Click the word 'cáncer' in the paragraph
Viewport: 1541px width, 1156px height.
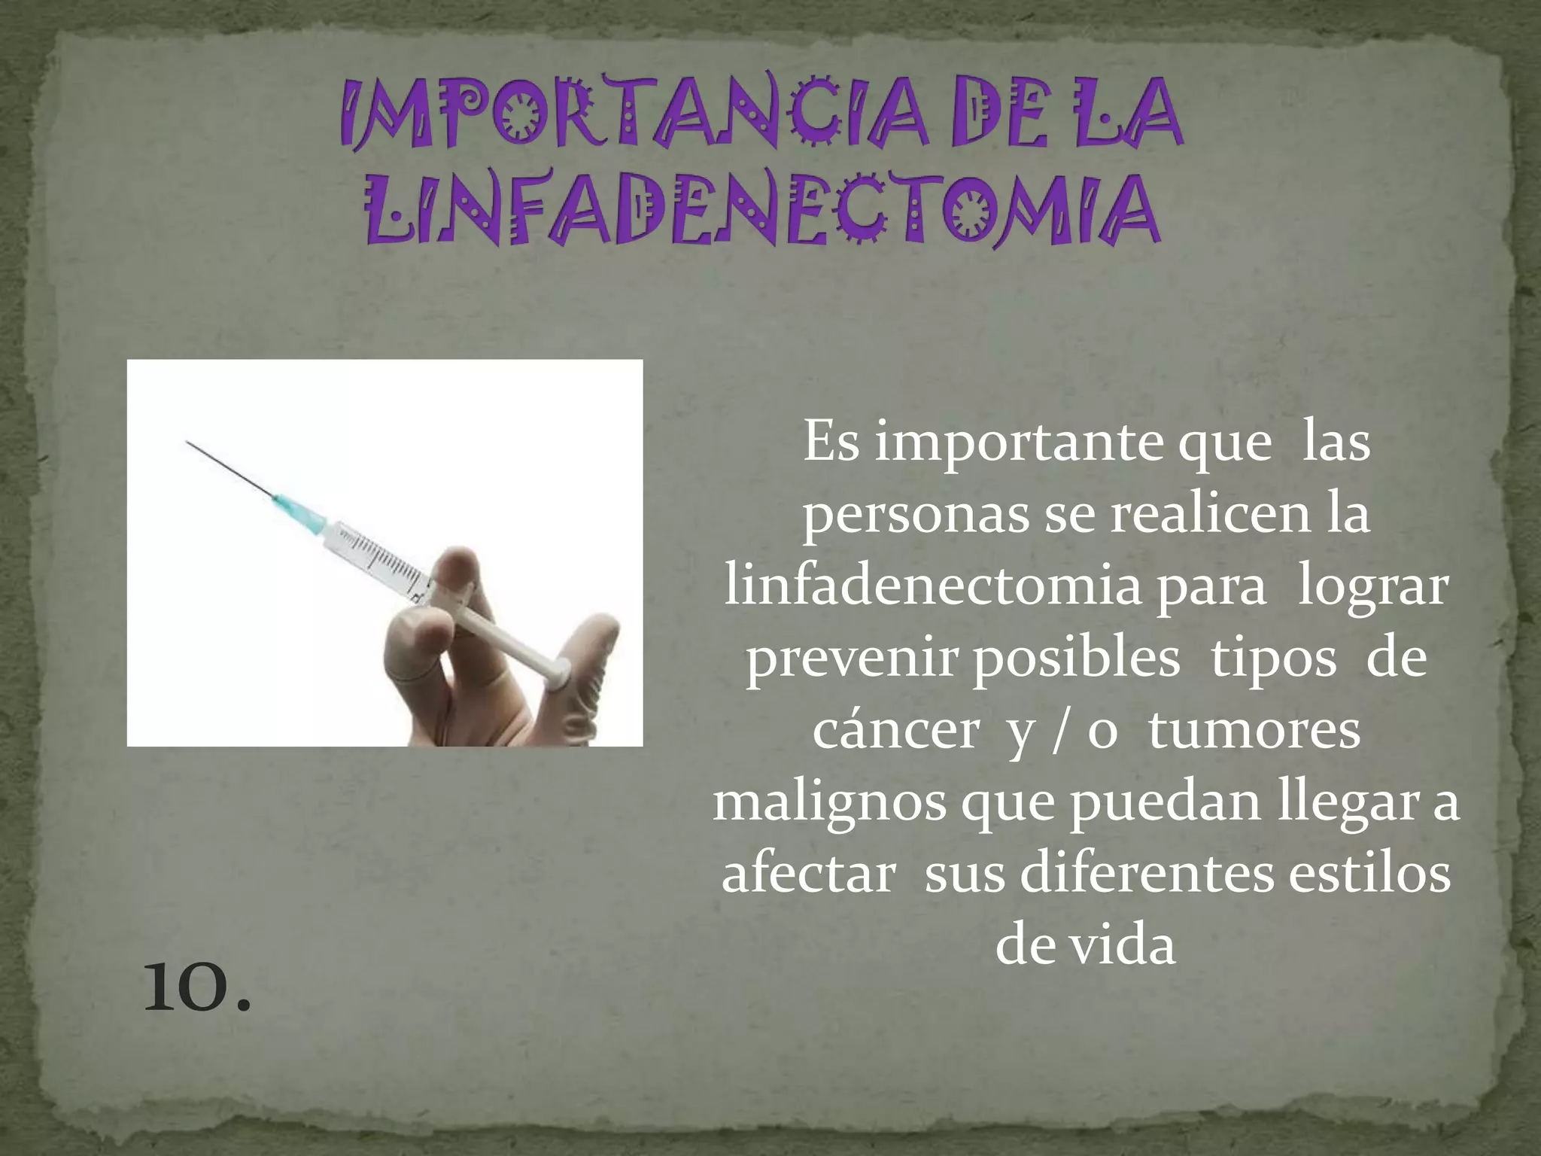click(895, 732)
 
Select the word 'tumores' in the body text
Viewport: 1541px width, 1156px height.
click(1254, 732)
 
